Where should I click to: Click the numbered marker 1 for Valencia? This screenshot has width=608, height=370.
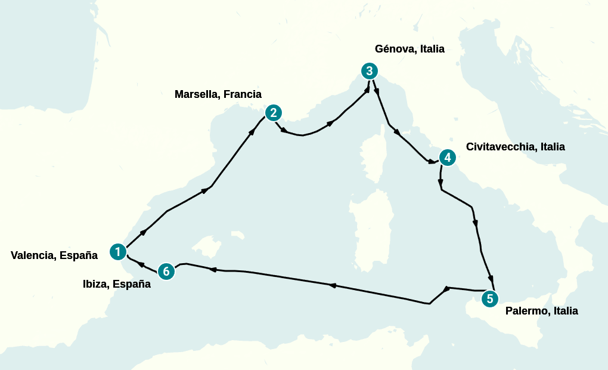coord(118,252)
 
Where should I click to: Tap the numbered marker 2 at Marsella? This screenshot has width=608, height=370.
coord(273,112)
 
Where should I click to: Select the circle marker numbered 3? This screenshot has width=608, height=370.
coord(370,71)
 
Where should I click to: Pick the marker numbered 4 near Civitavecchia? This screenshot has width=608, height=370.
coord(447,158)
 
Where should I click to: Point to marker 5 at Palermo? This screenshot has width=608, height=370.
coord(489,299)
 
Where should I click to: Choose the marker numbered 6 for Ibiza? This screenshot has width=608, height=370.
coord(166,272)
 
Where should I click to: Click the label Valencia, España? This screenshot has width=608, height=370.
coord(54,255)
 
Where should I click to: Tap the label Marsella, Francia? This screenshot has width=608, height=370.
coord(218,94)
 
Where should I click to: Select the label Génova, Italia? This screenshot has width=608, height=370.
coord(410,49)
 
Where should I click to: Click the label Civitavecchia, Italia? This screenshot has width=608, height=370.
coord(515,147)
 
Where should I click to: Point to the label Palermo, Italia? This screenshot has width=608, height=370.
coord(541,311)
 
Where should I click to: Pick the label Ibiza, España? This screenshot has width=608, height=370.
coord(117,284)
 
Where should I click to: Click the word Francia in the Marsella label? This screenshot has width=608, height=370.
coord(243,94)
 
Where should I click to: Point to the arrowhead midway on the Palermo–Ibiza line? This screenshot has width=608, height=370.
coord(333,286)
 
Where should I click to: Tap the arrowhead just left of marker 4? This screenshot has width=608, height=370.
coord(430,161)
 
